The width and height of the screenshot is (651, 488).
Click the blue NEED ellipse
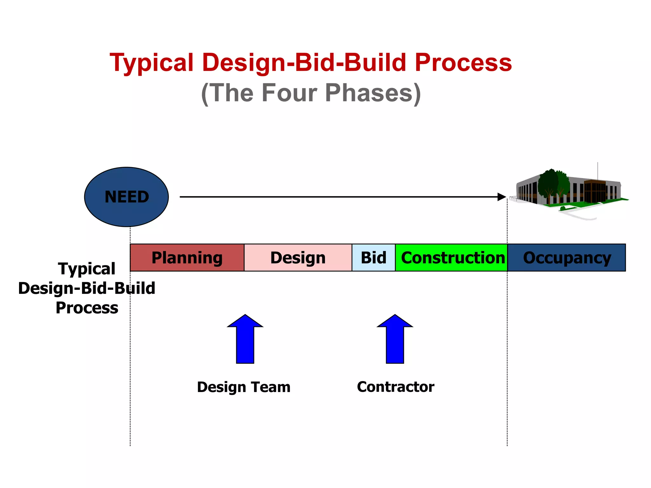(126, 197)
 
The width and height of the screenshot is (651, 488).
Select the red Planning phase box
(187, 258)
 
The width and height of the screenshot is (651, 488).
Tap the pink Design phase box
(298, 258)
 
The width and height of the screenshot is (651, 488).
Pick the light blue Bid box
(373, 258)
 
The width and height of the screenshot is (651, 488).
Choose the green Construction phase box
(451, 258)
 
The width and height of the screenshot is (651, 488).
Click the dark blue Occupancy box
(566, 258)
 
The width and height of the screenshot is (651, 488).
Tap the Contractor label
(395, 387)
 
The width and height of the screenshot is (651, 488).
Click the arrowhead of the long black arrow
(502, 197)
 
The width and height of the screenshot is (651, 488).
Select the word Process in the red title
(463, 63)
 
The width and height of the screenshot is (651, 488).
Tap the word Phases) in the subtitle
(373, 93)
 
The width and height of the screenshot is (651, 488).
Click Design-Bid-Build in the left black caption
(86, 288)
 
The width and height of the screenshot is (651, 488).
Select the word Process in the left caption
(87, 308)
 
